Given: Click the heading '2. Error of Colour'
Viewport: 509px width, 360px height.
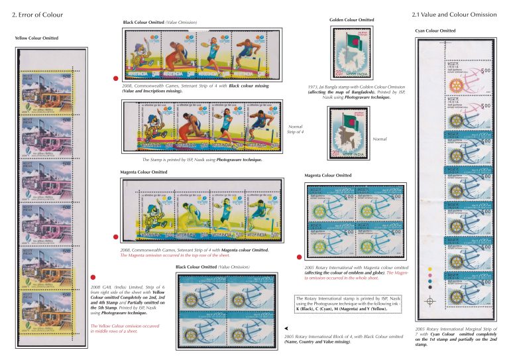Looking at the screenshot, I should (32, 14).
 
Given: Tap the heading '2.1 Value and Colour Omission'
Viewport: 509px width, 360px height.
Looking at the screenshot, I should (453, 14).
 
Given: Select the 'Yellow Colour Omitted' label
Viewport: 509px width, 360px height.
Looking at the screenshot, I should (36, 38).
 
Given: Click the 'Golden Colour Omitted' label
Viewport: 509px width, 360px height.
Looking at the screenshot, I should (351, 21).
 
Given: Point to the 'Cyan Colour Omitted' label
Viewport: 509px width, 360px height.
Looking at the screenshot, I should (435, 30).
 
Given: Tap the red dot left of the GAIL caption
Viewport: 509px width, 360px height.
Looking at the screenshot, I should (83, 278).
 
